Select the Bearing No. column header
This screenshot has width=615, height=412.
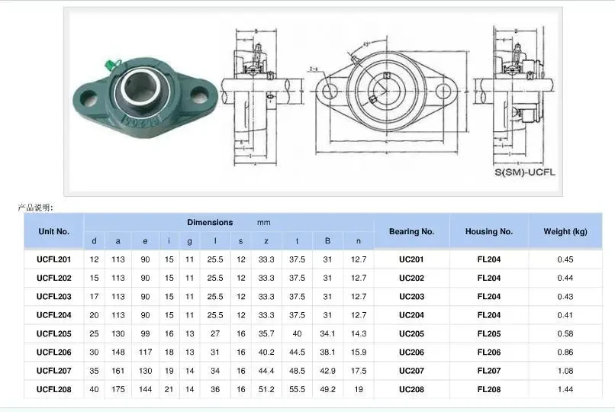(x=411, y=231)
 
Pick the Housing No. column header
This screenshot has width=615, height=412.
(x=488, y=231)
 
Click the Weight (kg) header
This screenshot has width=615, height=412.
(x=565, y=231)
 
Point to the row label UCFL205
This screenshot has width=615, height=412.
(x=53, y=333)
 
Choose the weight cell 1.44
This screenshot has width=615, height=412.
(x=565, y=389)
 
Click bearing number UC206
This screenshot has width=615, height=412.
(x=411, y=352)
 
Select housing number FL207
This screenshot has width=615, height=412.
(x=488, y=371)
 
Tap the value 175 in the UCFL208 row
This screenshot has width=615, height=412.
(x=118, y=389)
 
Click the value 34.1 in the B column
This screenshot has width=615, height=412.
(x=327, y=333)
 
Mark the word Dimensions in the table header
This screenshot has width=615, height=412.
(x=210, y=222)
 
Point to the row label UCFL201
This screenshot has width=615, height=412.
(x=53, y=259)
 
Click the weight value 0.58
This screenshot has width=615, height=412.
(x=565, y=333)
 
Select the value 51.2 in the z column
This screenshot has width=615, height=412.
(x=266, y=389)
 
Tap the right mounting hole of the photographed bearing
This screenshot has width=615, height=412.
(x=200, y=96)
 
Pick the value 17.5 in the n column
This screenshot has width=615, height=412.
(x=358, y=371)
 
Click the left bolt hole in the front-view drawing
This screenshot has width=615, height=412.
(x=330, y=92)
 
